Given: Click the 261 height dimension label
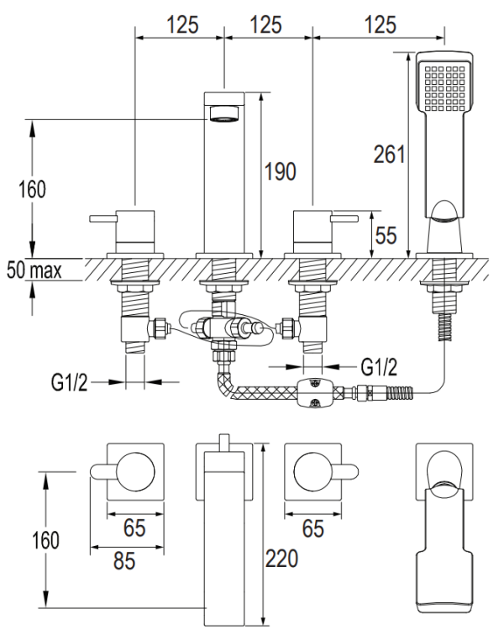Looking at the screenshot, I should (x=390, y=155).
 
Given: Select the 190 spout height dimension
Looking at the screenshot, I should (x=280, y=171).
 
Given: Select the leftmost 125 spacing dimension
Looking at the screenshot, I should (x=181, y=24).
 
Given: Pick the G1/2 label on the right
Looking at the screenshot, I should (x=378, y=366).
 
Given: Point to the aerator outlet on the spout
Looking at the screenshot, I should (x=224, y=113).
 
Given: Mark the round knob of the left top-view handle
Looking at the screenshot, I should (x=134, y=471).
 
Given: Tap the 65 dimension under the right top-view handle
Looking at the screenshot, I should (x=312, y=529).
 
